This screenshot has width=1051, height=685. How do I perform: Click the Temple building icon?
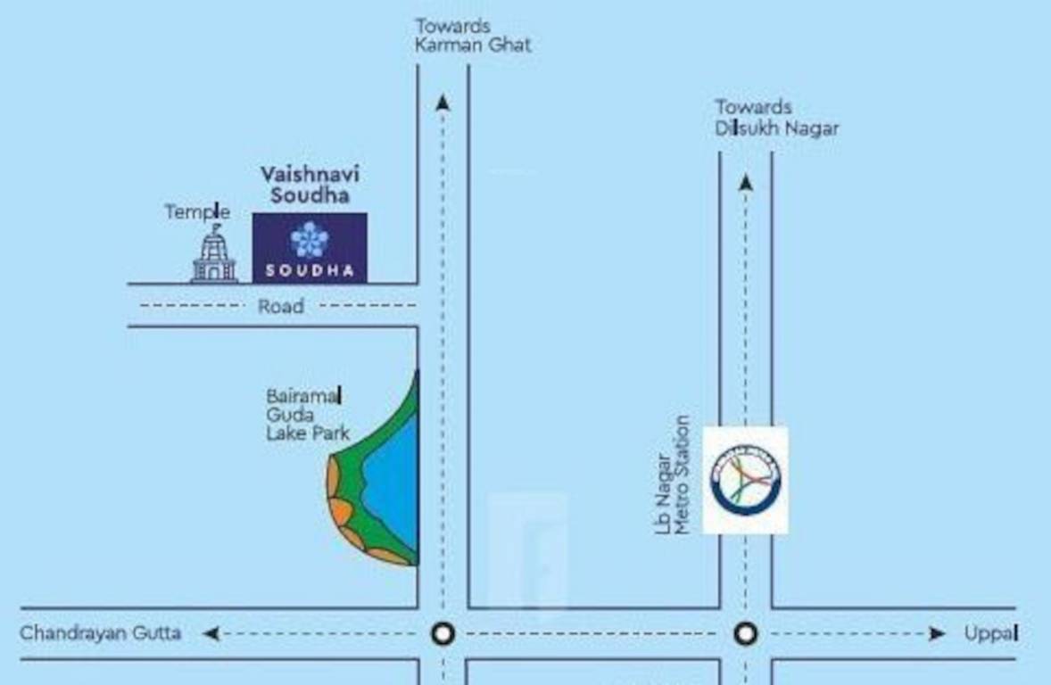point(214,256)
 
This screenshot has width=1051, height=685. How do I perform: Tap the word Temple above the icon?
point(197,212)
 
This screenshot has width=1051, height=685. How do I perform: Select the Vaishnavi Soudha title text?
point(310,184)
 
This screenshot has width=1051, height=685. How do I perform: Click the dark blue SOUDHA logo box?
point(310,248)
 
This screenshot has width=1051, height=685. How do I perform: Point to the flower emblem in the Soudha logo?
point(310,239)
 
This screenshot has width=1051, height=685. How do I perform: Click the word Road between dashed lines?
point(281,306)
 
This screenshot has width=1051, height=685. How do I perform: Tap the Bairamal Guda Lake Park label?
point(306,415)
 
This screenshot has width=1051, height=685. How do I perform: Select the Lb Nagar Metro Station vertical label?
point(673,476)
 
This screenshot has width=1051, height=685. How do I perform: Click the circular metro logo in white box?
point(746,480)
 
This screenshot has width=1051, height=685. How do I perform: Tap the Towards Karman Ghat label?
point(472,36)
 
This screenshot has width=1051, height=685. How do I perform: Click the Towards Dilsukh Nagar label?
point(776,118)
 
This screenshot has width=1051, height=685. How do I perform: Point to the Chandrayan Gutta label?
point(101,633)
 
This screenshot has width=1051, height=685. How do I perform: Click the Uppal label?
point(991,633)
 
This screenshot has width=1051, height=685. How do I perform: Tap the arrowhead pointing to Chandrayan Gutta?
point(211,634)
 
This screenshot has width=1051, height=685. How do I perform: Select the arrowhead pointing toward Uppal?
point(936,634)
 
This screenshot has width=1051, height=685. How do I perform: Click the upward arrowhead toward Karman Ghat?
point(443,103)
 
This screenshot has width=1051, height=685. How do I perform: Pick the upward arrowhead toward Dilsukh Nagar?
point(746,183)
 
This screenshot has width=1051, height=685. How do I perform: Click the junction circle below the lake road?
point(443,634)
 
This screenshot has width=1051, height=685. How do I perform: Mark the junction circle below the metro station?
point(746,634)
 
